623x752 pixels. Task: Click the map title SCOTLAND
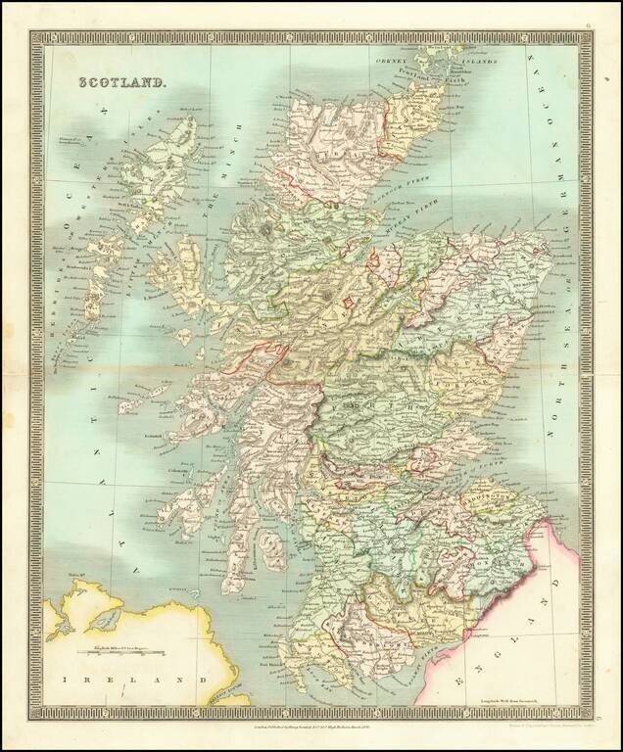[x=125, y=87]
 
